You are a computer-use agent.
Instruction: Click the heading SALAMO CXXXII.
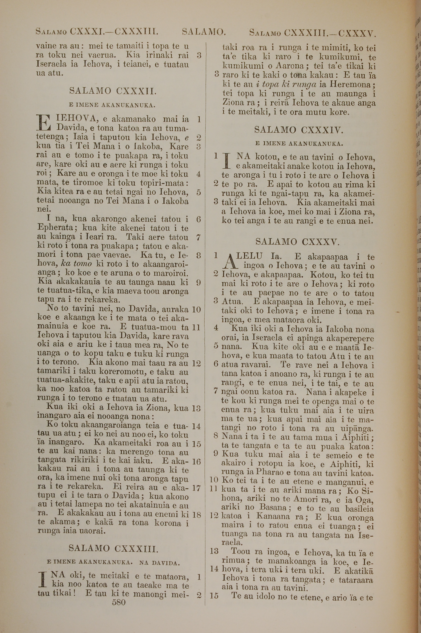coord(113,92)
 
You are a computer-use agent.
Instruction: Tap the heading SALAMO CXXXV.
coord(297,242)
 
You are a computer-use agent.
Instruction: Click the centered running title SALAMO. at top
coord(204,32)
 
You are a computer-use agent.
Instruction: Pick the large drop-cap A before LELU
coord(229,262)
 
